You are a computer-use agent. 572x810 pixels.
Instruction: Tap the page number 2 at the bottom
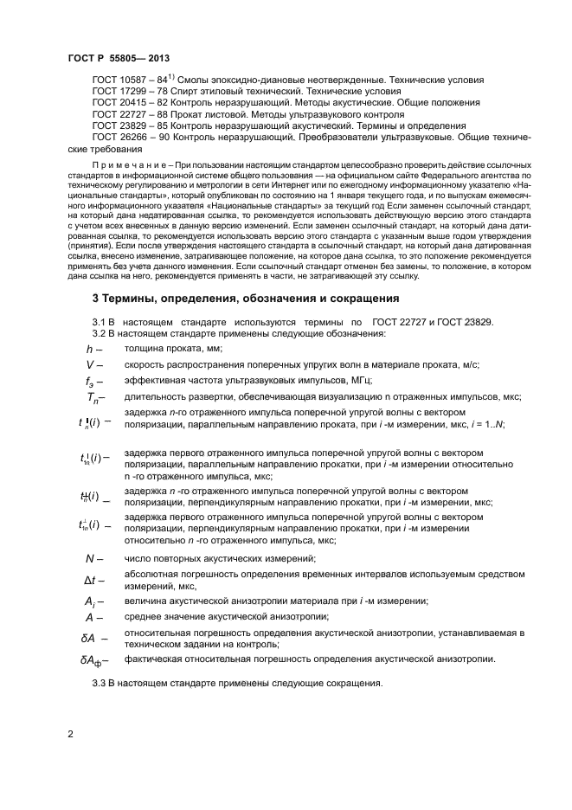click(70, 735)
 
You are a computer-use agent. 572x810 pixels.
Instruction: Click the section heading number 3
click(96, 299)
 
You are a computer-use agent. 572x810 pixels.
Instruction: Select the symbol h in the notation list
click(89, 349)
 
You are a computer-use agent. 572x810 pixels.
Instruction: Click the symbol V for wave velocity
click(89, 364)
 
